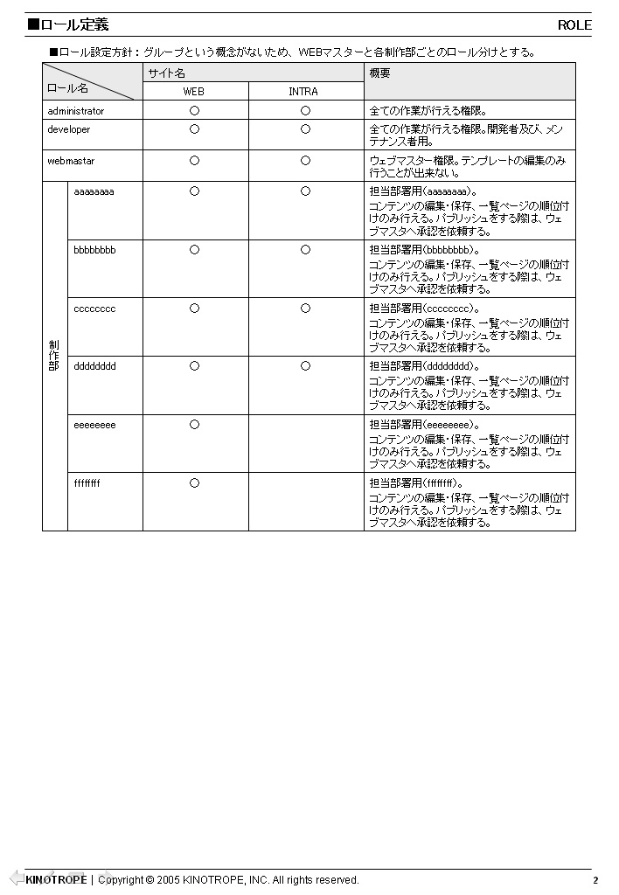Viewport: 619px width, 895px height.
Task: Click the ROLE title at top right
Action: coord(574,25)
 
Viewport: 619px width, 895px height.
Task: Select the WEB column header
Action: coord(193,92)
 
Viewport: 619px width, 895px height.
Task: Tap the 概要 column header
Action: coord(380,73)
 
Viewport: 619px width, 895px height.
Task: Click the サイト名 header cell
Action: coord(167,73)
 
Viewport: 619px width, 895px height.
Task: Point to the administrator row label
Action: coord(76,111)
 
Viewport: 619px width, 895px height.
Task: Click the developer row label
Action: coord(69,129)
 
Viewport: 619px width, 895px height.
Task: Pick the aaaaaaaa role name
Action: coord(94,191)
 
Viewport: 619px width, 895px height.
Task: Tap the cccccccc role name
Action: coord(94,309)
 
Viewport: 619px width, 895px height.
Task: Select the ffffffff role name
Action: coord(87,482)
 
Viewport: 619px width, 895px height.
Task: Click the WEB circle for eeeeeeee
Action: coord(194,425)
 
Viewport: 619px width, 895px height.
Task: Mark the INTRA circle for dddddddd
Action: coord(305,366)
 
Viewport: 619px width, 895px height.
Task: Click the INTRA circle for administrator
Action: coord(305,111)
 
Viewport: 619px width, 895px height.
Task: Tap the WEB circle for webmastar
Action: coord(194,161)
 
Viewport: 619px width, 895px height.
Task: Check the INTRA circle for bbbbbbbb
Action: coord(305,250)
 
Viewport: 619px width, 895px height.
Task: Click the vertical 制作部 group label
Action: coord(54,356)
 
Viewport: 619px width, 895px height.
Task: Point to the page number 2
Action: coord(595,880)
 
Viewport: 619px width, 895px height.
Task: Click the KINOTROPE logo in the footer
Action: coord(56,879)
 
